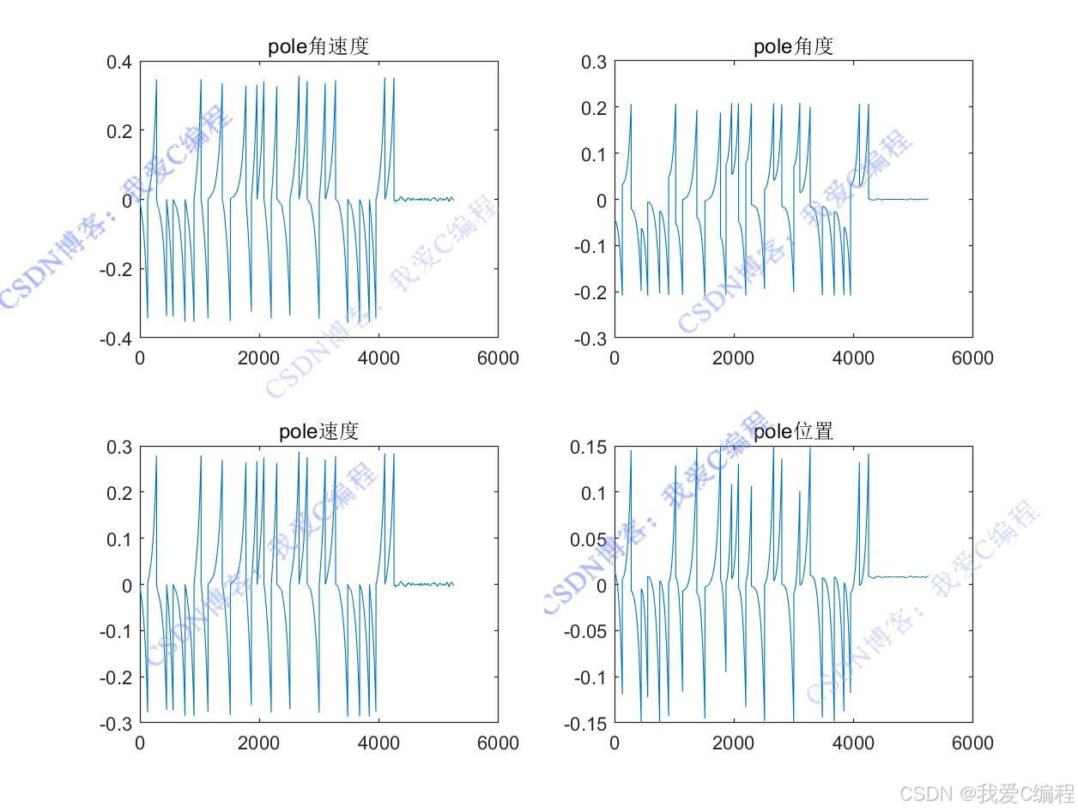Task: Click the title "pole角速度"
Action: [x=318, y=46]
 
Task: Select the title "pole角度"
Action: [x=793, y=46]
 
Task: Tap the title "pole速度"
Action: [x=318, y=431]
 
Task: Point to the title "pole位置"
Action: [x=793, y=431]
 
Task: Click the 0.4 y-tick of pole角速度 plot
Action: [x=118, y=62]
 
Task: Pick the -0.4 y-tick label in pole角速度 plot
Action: [x=115, y=339]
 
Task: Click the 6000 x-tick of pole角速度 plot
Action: [x=498, y=358]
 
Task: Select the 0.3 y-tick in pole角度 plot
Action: [x=593, y=62]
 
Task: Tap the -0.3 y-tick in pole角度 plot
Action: [x=590, y=339]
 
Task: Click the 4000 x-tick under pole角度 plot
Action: [x=853, y=358]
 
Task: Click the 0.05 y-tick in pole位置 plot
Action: [x=589, y=539]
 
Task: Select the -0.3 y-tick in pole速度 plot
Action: [x=115, y=724]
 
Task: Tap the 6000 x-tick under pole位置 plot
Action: [x=972, y=743]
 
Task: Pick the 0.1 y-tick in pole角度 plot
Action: [x=593, y=153]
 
